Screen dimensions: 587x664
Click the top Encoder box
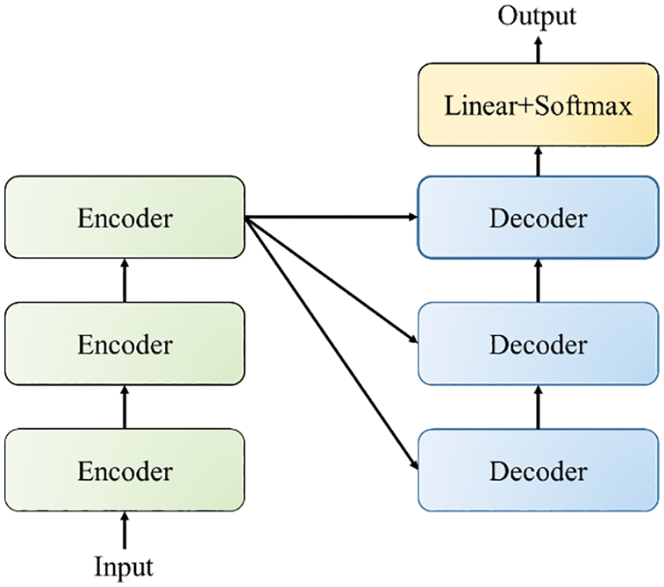(x=125, y=218)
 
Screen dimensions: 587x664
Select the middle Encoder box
(x=125, y=344)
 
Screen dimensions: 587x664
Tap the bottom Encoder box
(x=125, y=470)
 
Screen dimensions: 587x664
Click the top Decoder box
(x=538, y=218)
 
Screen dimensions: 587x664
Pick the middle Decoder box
(x=538, y=344)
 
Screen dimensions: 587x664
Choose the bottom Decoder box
(x=538, y=470)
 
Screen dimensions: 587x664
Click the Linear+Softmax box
(x=538, y=105)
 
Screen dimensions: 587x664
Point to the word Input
(x=125, y=566)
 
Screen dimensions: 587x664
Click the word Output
(x=538, y=16)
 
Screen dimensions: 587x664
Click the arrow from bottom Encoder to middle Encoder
(x=125, y=407)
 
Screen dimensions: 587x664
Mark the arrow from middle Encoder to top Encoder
(x=125, y=281)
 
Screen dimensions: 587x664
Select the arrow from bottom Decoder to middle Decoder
(x=538, y=407)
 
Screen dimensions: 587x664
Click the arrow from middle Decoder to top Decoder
(x=538, y=281)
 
